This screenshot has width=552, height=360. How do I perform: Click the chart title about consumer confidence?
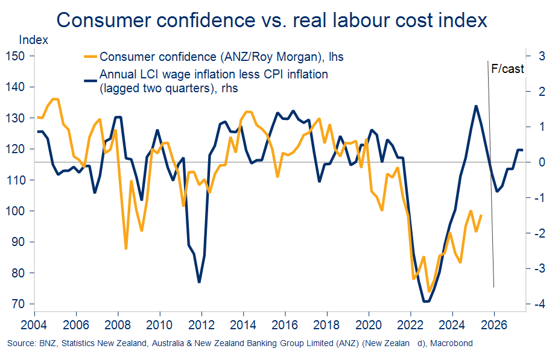271,20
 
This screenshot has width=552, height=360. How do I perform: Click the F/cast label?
507,69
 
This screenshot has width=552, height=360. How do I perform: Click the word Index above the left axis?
34,40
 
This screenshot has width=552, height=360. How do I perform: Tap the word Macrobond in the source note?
452,344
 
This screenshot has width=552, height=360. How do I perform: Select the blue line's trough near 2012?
198,282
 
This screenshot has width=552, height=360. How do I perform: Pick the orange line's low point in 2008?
126,248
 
